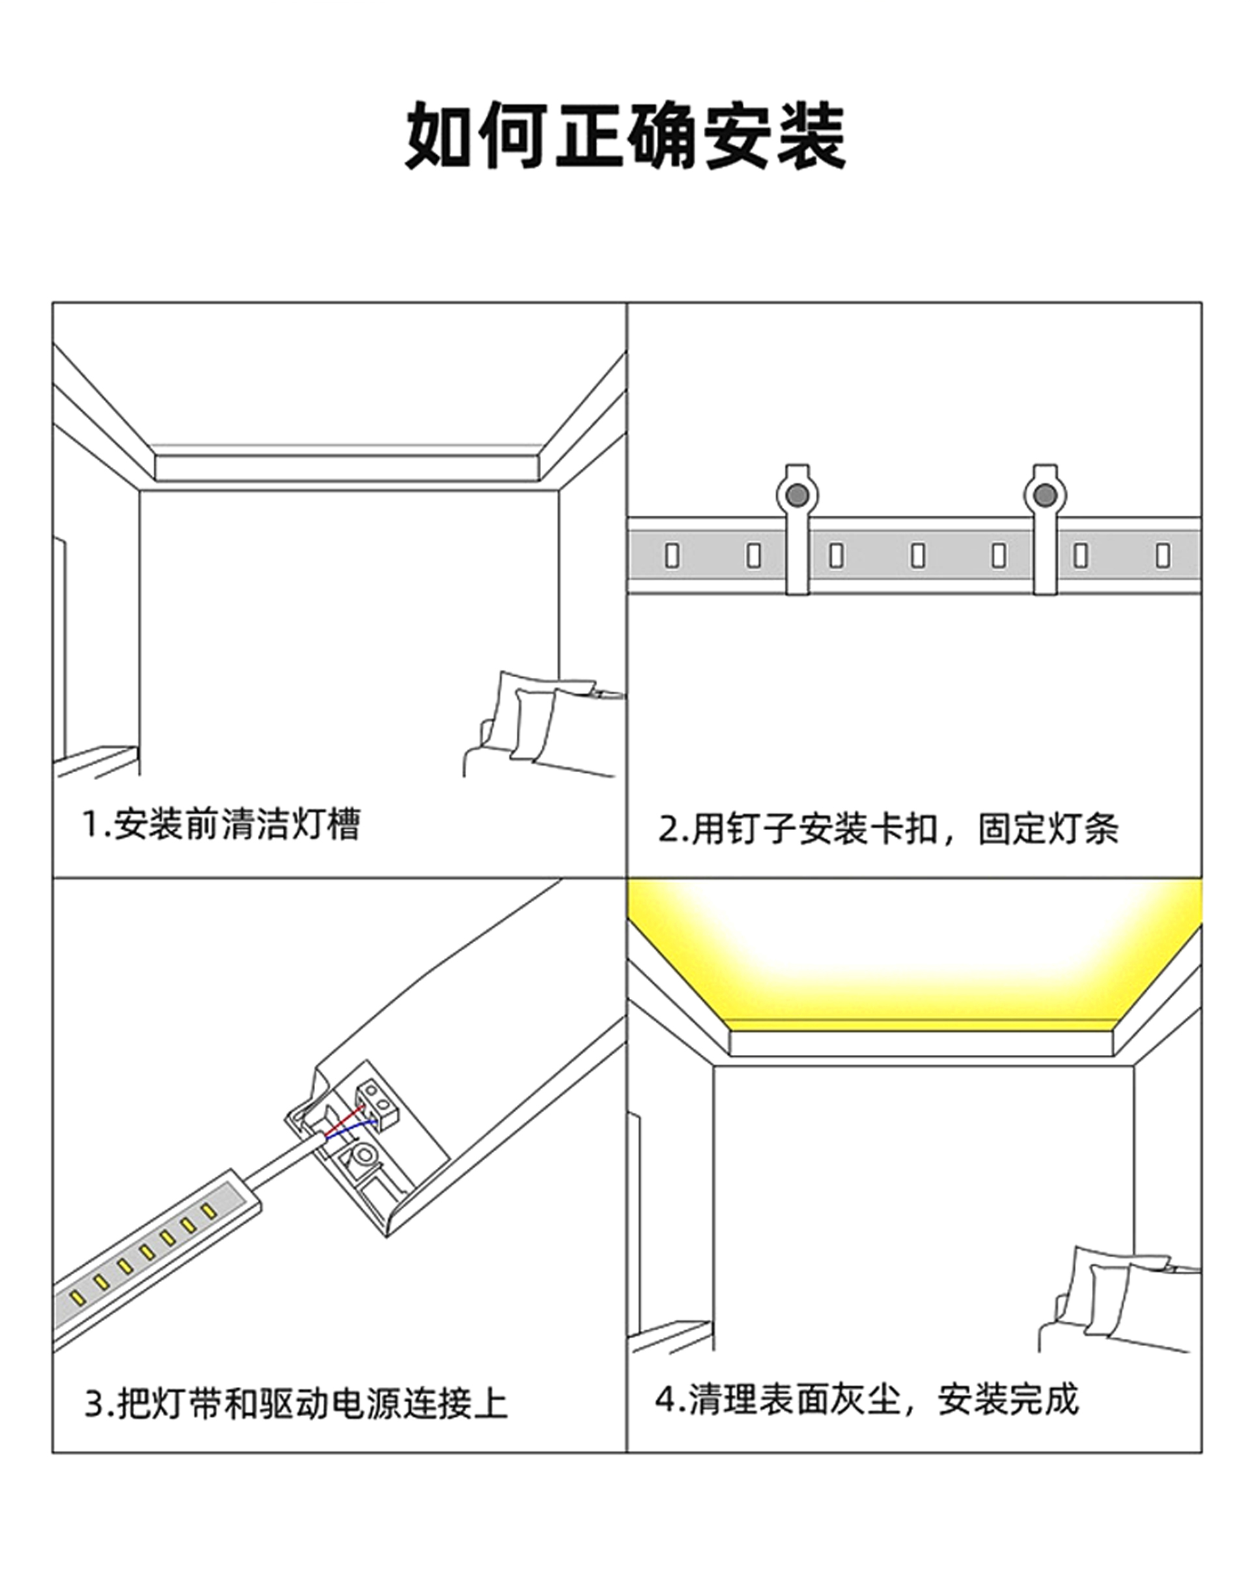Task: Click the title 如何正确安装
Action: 625,136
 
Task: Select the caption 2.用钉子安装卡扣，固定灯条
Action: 888,829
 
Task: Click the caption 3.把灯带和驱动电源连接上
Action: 296,1403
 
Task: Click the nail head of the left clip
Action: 797,496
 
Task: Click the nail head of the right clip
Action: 1044,496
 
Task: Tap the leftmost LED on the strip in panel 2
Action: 672,555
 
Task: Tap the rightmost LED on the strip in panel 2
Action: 1163,555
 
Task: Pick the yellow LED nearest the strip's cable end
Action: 209,1212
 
